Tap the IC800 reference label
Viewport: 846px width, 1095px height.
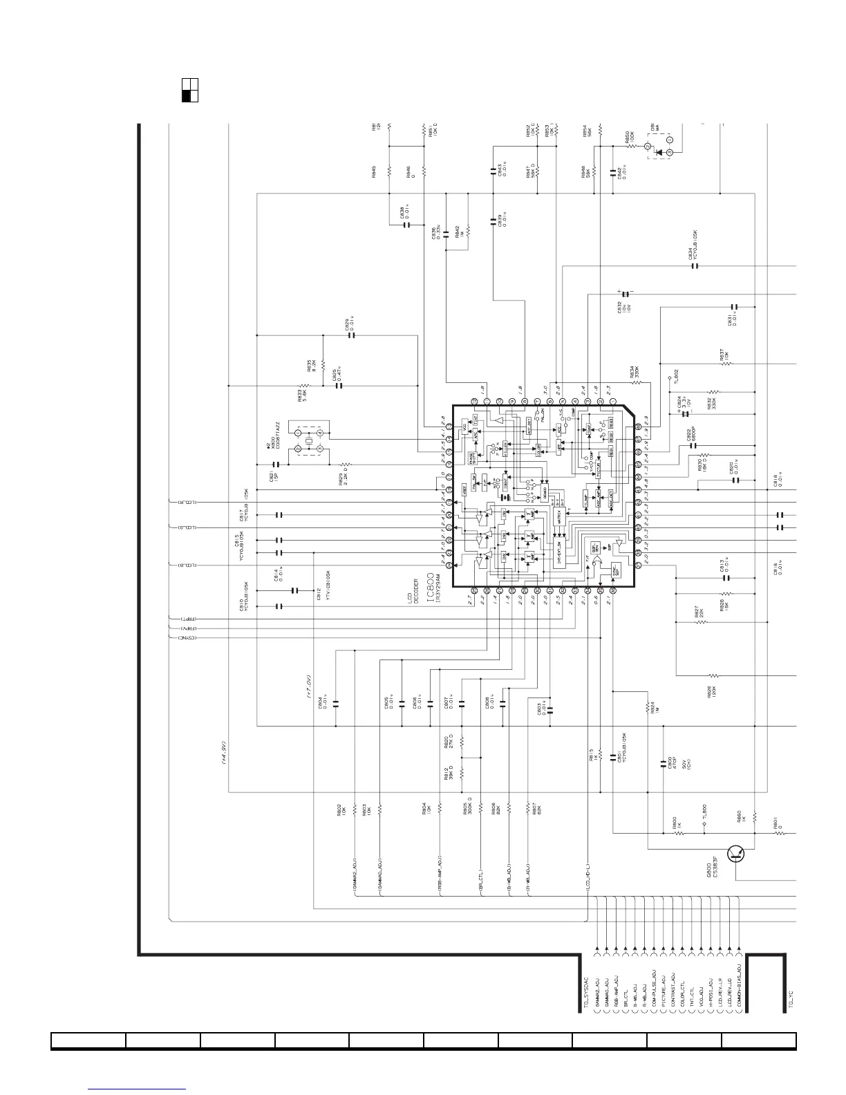[x=430, y=588]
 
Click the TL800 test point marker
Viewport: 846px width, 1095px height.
[x=704, y=833]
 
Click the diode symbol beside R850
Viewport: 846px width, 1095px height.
[x=659, y=152]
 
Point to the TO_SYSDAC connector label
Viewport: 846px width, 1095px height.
[x=585, y=990]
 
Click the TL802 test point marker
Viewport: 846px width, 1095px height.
[x=670, y=379]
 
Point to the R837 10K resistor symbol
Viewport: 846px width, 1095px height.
[x=721, y=364]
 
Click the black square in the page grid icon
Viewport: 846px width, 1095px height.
[x=186, y=96]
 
